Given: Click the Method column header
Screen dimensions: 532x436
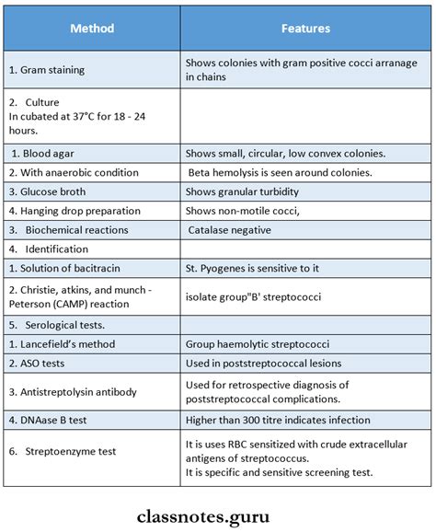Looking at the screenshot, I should [92, 29].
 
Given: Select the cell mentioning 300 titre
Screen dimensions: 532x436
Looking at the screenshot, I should [278, 420].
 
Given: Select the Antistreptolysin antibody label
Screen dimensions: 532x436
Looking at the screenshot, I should [72, 391].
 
